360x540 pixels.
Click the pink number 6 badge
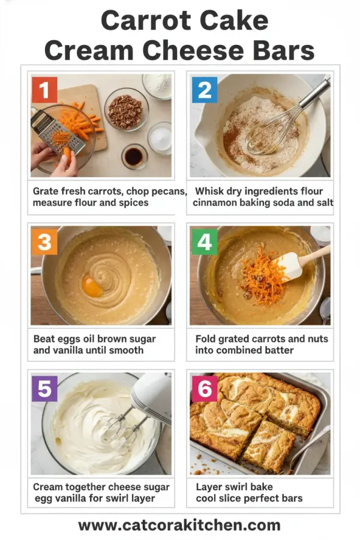204,389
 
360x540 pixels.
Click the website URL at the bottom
179,526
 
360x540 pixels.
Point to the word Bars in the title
284,50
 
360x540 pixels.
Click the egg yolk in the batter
92,286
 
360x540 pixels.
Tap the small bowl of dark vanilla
134,156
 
